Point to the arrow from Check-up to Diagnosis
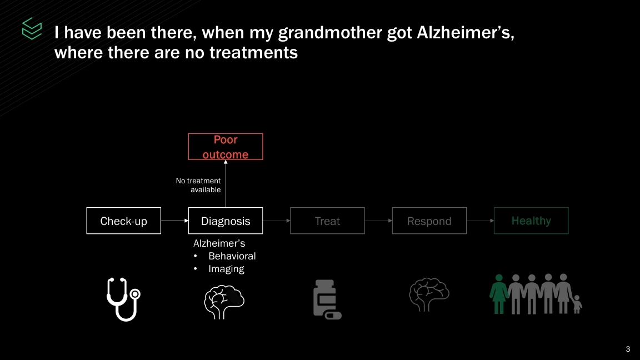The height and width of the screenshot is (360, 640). pyautogui.click(x=174, y=221)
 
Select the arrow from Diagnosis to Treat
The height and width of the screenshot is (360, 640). pyautogui.click(x=276, y=221)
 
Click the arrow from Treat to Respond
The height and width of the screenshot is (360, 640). pyautogui.click(x=378, y=221)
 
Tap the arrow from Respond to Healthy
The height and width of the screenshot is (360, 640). pyautogui.click(x=481, y=221)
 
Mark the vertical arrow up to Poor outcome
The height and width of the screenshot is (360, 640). pyautogui.click(x=226, y=184)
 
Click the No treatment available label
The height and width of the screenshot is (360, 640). pyautogui.click(x=199, y=186)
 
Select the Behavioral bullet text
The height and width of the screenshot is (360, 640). pyautogui.click(x=232, y=256)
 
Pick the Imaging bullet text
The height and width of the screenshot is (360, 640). pyautogui.click(x=226, y=269)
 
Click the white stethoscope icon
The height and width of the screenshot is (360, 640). pyautogui.click(x=123, y=299)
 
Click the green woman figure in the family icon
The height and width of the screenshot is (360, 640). pyautogui.click(x=499, y=294)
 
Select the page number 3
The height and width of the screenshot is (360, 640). pyautogui.click(x=628, y=349)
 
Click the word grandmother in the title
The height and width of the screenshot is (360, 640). pyautogui.click(x=330, y=33)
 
